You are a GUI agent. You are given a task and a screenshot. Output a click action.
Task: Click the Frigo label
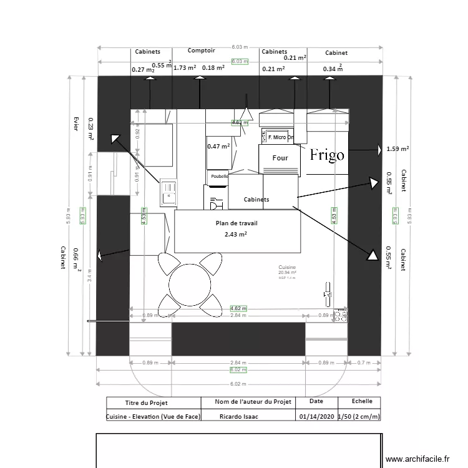[x=327, y=155]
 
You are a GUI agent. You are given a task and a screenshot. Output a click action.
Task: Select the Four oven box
[x=280, y=158]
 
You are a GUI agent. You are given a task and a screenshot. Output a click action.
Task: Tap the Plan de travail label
[x=236, y=223]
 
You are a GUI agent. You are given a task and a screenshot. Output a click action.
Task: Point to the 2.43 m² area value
[x=236, y=234]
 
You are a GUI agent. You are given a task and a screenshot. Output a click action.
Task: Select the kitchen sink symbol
[x=168, y=192]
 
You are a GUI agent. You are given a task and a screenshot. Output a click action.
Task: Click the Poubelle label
[x=219, y=177]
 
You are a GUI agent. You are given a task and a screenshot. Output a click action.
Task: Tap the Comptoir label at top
[x=202, y=51]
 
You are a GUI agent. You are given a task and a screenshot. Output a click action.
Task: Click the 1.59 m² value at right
[x=397, y=149]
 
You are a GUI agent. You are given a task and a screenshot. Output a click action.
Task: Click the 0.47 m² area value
[x=218, y=146]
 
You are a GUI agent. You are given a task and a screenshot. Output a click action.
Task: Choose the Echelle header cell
[x=362, y=402]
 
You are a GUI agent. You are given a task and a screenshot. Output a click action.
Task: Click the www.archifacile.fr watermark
[x=417, y=459]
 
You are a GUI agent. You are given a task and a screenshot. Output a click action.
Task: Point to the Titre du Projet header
[x=146, y=403]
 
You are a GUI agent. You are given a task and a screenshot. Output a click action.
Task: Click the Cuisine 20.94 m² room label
[x=287, y=270]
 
